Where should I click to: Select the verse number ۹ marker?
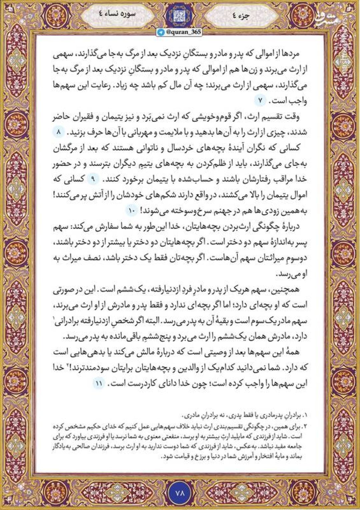coord(94,179)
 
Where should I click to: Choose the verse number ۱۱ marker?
coord(99,384)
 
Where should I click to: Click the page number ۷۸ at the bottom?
coord(180,492)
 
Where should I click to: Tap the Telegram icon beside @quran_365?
coord(162,32)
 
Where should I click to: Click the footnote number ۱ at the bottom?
coord(305,416)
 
